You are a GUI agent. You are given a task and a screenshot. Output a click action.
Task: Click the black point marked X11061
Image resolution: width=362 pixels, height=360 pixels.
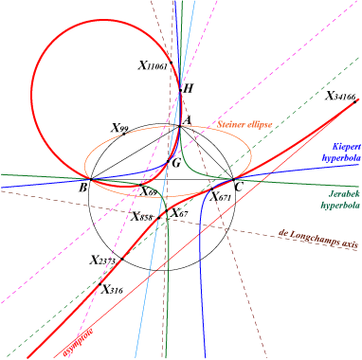[x=172, y=63]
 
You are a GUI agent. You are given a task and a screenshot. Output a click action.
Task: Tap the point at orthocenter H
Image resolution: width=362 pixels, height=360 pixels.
[x=180, y=90]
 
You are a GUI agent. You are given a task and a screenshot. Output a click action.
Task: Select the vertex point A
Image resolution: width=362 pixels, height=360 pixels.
[x=180, y=126]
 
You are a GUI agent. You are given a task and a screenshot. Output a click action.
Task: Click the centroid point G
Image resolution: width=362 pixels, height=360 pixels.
[x=168, y=162]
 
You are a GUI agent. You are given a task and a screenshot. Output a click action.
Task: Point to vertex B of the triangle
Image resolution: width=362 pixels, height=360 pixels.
[x=91, y=179]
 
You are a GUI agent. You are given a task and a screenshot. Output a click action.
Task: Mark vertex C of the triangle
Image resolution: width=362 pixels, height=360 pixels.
[x=233, y=179]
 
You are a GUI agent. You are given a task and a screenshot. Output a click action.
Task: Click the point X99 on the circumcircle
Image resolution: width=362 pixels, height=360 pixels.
[x=124, y=134]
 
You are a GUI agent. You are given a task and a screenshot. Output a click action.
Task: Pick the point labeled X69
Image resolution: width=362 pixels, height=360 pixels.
[x=140, y=185]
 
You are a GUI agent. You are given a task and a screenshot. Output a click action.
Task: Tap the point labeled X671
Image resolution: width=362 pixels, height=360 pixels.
[x=212, y=189]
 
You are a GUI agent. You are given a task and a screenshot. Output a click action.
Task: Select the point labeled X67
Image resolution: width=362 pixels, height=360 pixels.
[x=167, y=210]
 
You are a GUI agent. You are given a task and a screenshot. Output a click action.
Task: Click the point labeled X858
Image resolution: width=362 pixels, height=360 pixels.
[x=159, y=218]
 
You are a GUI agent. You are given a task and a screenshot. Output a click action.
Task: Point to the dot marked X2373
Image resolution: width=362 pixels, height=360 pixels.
[x=122, y=259]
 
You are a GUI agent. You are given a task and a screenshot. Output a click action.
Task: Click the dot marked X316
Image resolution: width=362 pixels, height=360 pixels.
[x=100, y=284]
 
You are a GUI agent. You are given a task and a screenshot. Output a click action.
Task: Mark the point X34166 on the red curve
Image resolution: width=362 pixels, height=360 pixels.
[x=355, y=101]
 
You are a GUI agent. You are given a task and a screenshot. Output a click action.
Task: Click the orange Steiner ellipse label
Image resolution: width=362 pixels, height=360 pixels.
[x=244, y=124]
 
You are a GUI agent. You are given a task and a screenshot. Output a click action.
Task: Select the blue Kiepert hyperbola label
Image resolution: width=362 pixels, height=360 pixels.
[x=341, y=153]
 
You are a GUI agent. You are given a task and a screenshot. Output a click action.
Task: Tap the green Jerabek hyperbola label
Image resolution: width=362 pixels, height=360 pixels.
[x=340, y=199]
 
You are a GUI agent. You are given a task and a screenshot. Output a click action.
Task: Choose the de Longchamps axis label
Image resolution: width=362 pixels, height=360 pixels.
[x=318, y=239]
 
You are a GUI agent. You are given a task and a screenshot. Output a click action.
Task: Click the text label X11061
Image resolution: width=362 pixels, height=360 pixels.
[x=153, y=65]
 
